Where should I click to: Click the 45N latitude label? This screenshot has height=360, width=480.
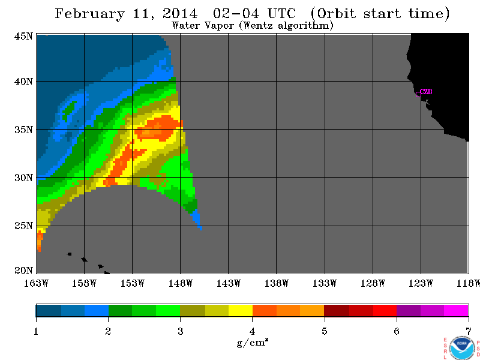[23, 36]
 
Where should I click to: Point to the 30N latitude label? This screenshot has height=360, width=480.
[23, 178]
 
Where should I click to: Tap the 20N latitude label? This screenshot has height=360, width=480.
[23, 271]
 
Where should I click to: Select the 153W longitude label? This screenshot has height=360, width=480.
[132, 283]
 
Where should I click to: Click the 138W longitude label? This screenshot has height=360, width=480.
[277, 283]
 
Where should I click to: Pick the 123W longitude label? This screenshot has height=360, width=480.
[421, 283]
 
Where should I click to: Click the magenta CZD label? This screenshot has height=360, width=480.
[426, 92]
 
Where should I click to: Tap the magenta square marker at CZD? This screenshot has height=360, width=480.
[418, 94]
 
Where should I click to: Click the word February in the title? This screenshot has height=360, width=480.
[89, 14]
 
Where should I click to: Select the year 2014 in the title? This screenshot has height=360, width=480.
[181, 13]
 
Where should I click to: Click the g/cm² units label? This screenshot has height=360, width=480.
[253, 343]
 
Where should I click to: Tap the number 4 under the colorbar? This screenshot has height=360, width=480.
[252, 331]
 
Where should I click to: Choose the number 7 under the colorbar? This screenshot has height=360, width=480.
[469, 331]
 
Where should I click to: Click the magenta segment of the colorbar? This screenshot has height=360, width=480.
[456, 310]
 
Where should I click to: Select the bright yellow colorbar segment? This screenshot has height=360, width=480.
[241, 310]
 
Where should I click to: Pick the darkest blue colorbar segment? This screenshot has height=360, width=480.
[49, 310]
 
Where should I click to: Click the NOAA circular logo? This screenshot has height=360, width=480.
[462, 348]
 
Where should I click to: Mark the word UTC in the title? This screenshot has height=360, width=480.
[281, 13]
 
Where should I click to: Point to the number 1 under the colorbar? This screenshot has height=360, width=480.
[36, 331]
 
